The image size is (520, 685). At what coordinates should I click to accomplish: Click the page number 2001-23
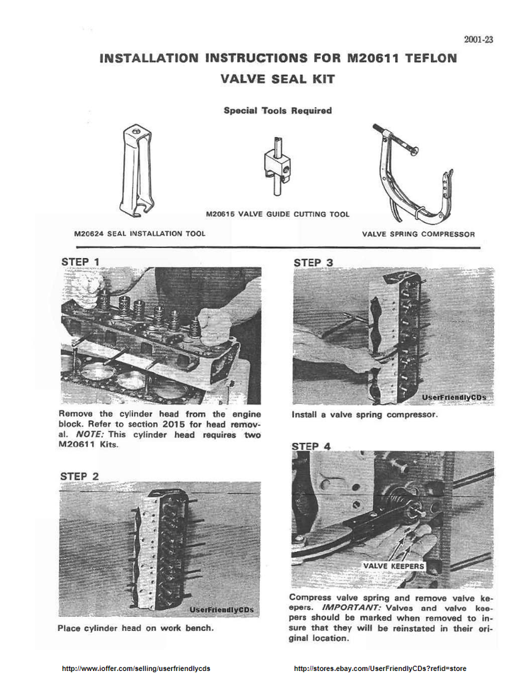(479, 39)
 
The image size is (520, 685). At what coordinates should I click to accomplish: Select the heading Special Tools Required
(277, 110)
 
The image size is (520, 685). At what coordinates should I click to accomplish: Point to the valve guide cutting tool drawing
(277, 166)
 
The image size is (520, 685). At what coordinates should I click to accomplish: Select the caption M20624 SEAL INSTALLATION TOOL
(140, 233)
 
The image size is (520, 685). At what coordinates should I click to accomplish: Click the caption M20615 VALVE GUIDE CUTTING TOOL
(277, 214)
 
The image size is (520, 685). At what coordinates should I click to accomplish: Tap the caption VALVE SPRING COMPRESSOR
(418, 234)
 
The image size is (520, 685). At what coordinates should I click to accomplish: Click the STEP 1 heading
(80, 262)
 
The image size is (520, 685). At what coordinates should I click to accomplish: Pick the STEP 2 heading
(80, 476)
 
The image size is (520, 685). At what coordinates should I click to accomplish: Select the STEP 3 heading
(313, 262)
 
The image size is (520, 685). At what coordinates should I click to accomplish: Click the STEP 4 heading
(311, 446)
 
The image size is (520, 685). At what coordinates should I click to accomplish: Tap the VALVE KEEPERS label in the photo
(394, 566)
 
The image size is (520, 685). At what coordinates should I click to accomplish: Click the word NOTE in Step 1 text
(90, 435)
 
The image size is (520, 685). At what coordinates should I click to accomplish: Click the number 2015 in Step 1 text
(174, 424)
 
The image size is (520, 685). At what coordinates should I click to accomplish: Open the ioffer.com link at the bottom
(136, 668)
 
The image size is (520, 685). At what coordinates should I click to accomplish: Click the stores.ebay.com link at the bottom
(380, 668)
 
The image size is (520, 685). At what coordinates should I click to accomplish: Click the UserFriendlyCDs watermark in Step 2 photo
(221, 609)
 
